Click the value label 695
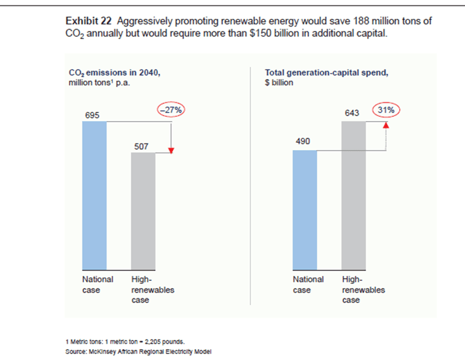pyautogui.click(x=93, y=115)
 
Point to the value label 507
pyautogui.click(x=141, y=146)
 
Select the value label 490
pyautogui.click(x=303, y=141)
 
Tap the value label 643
pyautogui.click(x=352, y=113)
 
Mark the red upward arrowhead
pyautogui.click(x=386, y=125)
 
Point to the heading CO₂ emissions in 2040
pyautogui.click(x=115, y=73)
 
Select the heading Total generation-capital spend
pyautogui.click(x=326, y=73)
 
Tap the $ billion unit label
pyautogui.click(x=279, y=82)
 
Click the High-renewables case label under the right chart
pyautogui.click(x=363, y=290)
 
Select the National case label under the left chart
pyautogui.click(x=97, y=284)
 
